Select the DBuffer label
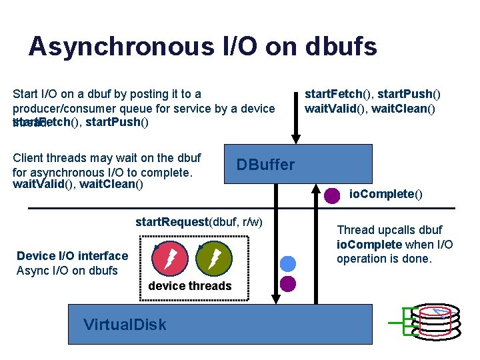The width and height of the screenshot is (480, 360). coord(265,165)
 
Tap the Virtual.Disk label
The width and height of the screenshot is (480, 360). coord(125,325)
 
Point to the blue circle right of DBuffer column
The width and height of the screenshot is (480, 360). coord(287,263)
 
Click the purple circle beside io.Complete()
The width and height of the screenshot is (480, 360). coord(332,195)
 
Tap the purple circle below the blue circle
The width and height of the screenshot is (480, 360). coord(287,284)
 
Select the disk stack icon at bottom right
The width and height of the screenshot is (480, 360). coord(435,319)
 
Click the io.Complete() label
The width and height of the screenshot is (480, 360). coord(385,194)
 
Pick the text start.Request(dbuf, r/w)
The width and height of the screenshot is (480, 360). coord(199,221)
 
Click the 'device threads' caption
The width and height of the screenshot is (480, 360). coord(189,286)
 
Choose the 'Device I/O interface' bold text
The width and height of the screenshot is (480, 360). coord(72,256)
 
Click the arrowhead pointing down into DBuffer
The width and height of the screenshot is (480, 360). coord(296,138)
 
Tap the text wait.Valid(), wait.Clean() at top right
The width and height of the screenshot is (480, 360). coord(370,109)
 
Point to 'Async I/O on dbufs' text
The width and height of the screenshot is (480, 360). coord(67,270)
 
